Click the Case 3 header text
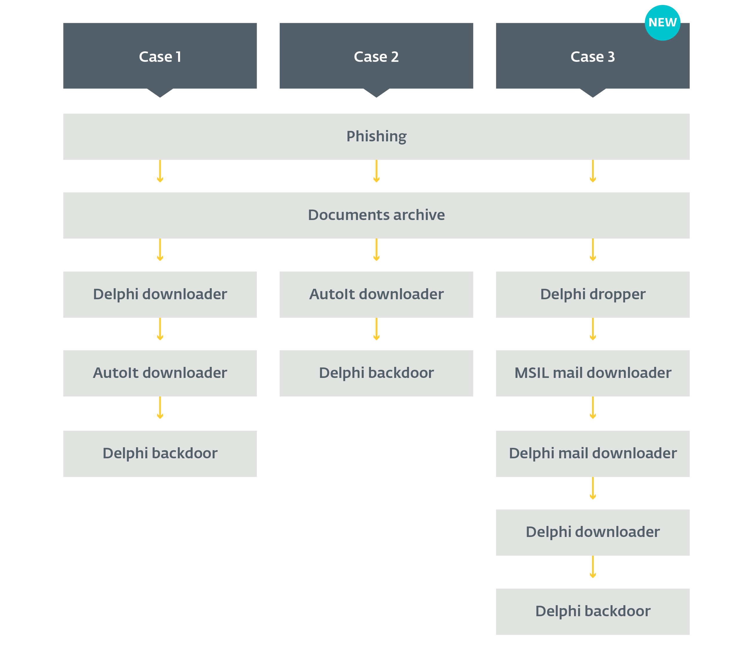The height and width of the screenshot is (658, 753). coord(592,57)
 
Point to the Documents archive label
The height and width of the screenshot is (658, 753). coord(376,215)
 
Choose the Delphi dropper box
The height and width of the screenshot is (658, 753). coord(592,295)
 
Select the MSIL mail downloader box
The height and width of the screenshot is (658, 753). coord(592,373)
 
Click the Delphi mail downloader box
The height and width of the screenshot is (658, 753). coord(592,453)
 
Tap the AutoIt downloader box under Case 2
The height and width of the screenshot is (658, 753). coord(376,295)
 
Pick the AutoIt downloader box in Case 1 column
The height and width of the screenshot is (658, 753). coord(160,373)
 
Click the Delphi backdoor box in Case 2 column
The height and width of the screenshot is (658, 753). coord(376,373)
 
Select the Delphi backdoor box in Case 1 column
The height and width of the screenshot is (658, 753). coord(160,453)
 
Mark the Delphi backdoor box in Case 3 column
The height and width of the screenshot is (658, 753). coord(592,611)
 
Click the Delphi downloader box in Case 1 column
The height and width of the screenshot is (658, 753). coord(160,295)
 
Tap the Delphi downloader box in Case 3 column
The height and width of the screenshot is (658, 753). coord(592,532)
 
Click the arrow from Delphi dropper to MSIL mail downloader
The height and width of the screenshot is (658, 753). coord(592,329)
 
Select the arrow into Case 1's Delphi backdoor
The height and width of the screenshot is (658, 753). coord(160,408)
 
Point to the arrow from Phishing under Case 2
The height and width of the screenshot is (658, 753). coord(376,172)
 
